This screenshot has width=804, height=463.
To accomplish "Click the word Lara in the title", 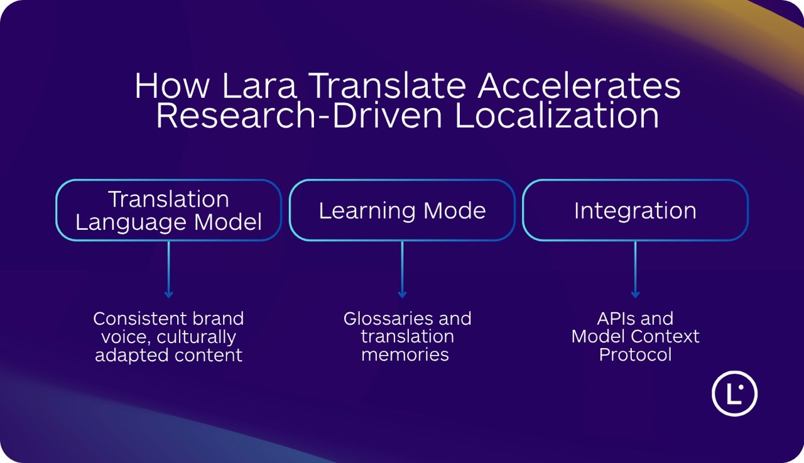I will click(258, 86).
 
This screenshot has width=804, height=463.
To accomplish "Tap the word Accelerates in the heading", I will click(579, 86).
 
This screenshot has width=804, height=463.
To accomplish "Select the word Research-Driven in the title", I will click(300, 116).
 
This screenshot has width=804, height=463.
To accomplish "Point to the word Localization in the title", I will click(557, 116).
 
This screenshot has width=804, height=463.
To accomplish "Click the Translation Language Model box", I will click(168, 210).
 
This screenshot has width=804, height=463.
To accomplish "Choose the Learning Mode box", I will click(402, 210).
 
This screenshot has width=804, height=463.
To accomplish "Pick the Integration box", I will click(635, 210).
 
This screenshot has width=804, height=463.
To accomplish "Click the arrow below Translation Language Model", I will click(168, 270).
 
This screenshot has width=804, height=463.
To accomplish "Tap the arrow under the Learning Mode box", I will click(402, 270).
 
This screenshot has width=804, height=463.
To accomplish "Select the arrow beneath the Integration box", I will click(635, 270).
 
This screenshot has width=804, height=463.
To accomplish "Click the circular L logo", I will click(734, 394).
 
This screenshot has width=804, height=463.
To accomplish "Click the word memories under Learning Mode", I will click(405, 355).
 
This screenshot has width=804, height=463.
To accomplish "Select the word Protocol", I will click(635, 355).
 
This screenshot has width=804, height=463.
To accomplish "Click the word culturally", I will click(195, 337).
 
